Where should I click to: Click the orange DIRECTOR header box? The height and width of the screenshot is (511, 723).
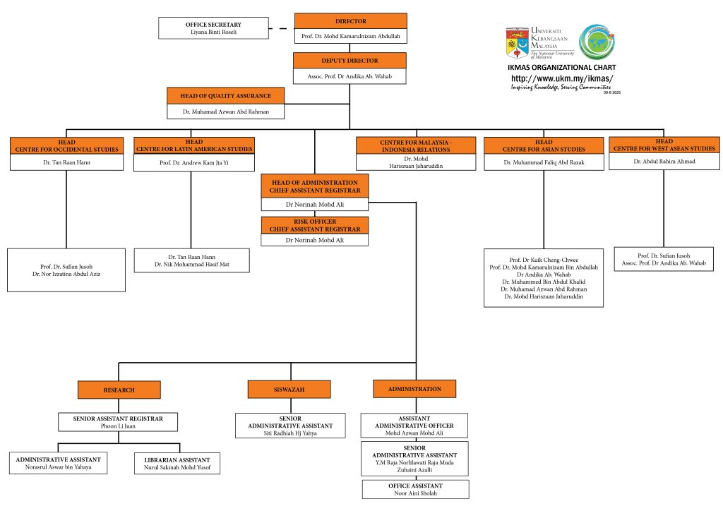pyautogui.click(x=350, y=21)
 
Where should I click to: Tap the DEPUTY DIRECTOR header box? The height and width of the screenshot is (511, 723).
pyautogui.click(x=349, y=61)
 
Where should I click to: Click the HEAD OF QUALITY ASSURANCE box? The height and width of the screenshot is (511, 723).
pyautogui.click(x=217, y=95)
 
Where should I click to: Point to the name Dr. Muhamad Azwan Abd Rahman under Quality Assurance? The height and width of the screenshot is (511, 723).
pyautogui.click(x=217, y=112)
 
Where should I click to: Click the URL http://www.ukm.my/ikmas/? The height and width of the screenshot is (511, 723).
pyautogui.click(x=561, y=78)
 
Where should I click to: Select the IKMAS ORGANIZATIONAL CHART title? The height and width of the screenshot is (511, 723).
pyautogui.click(x=561, y=68)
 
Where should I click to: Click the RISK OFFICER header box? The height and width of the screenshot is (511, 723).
pyautogui.click(x=314, y=225)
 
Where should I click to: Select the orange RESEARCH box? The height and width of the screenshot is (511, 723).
pyautogui.click(x=119, y=390)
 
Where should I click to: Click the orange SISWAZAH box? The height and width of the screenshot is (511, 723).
pyautogui.click(x=289, y=389)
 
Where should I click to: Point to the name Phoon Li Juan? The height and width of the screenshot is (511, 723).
pyautogui.click(x=118, y=426)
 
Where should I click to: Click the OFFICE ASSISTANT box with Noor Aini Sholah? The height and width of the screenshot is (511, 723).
pyautogui.click(x=415, y=489)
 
